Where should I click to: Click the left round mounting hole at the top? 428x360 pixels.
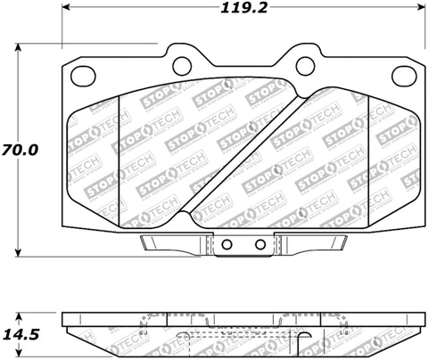click(x=182, y=64)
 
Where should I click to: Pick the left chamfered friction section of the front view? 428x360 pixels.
click(x=94, y=151)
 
